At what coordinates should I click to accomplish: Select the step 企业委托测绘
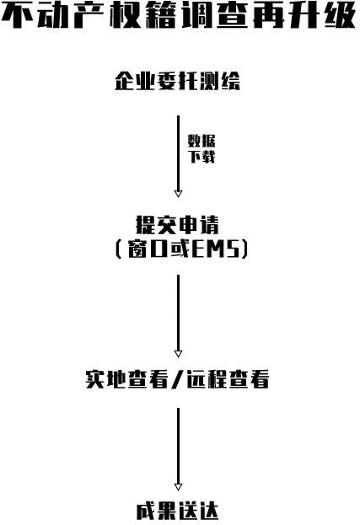[x=178, y=81]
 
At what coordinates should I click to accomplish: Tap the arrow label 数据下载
[x=201, y=148]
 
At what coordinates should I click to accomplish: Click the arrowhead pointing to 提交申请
[x=178, y=193]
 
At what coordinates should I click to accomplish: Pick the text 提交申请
[x=178, y=225]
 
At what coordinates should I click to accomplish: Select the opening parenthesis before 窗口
[x=118, y=249]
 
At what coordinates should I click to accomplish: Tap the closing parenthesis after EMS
[x=244, y=249]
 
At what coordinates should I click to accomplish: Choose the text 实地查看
[x=126, y=379]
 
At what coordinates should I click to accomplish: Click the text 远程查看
[x=228, y=379]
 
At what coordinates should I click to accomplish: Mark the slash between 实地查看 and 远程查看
[x=177, y=379]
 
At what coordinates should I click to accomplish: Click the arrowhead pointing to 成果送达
[x=178, y=487]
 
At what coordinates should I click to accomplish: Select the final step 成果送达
[x=178, y=512]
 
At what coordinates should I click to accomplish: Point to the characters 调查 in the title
[x=215, y=15]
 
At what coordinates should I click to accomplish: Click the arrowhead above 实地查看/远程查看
[x=178, y=354]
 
